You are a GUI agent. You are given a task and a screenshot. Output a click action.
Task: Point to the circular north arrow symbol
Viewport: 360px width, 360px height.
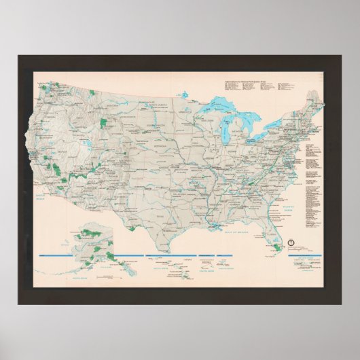[x=290, y=242]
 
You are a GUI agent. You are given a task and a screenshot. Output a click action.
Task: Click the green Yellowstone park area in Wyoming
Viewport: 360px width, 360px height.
[x=104, y=123]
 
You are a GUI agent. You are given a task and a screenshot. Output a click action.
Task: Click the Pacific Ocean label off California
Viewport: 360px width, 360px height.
[x=42, y=197]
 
